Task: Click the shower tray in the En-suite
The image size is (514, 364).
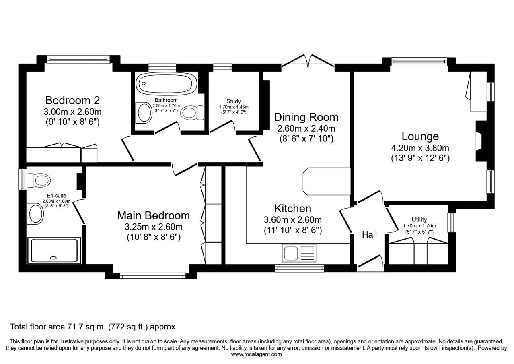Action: [54, 250]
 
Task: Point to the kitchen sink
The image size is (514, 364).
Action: [299, 253]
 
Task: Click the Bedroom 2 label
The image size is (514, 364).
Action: [72, 100]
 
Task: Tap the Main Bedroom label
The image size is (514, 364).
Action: [154, 215]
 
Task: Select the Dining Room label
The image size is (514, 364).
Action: [306, 117]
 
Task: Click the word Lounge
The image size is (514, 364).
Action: [420, 136]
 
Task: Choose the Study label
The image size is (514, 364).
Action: [234, 101]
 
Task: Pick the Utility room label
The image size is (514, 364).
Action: [419, 219]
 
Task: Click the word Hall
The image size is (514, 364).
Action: [370, 235]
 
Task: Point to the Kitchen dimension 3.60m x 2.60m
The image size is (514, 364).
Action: [293, 220]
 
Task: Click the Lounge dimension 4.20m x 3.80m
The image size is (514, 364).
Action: [420, 148]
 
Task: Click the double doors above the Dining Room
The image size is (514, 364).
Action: [308, 61]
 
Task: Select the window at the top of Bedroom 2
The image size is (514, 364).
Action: [78, 59]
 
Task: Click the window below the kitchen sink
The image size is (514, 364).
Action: [300, 268]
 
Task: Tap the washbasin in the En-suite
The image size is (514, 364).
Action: [35, 213]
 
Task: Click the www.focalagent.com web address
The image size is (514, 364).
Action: [256, 354]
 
